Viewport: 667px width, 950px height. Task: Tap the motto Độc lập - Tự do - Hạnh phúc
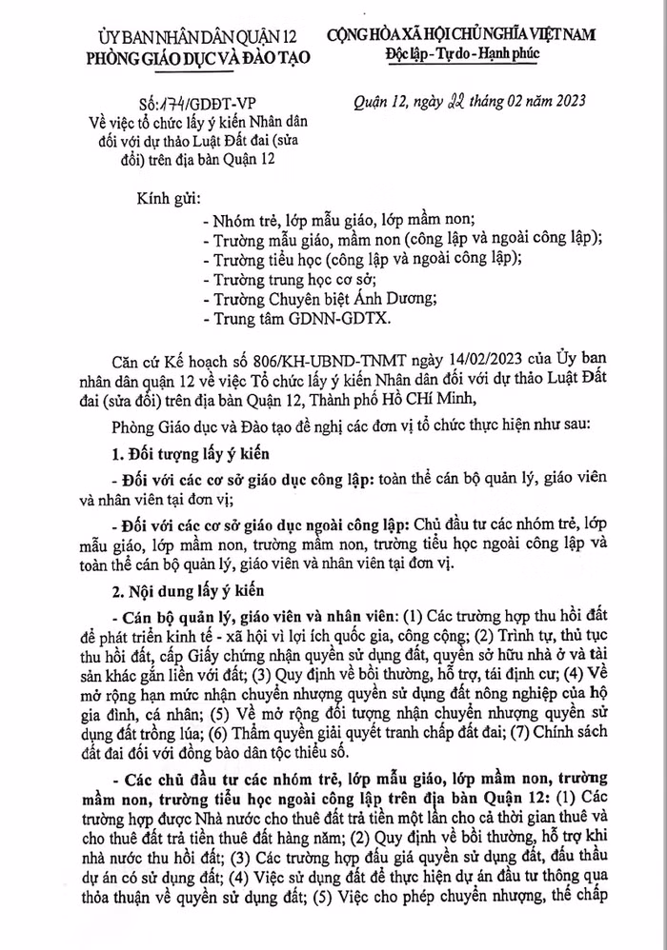pos(462,53)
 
